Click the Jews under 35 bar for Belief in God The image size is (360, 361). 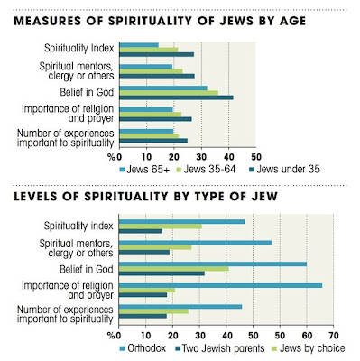click(176, 97)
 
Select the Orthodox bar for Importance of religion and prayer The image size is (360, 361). click(221, 285)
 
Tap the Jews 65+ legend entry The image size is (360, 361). click(144, 170)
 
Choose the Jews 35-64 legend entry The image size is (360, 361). click(206, 170)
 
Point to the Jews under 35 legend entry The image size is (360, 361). click(284, 170)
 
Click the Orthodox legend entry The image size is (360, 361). click(143, 348)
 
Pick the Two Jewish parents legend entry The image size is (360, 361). click(220, 348)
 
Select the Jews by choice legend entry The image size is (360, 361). click(309, 348)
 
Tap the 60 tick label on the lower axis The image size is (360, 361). click(307, 336)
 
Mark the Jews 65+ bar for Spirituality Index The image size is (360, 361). click(139, 45)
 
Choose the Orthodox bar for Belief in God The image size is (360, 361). click(213, 264)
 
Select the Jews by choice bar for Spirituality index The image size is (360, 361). click(161, 227)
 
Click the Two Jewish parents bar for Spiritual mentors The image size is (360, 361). click(144, 253)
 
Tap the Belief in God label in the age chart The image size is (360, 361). click(87, 92)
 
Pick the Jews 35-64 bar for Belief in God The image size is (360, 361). click(169, 93)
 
